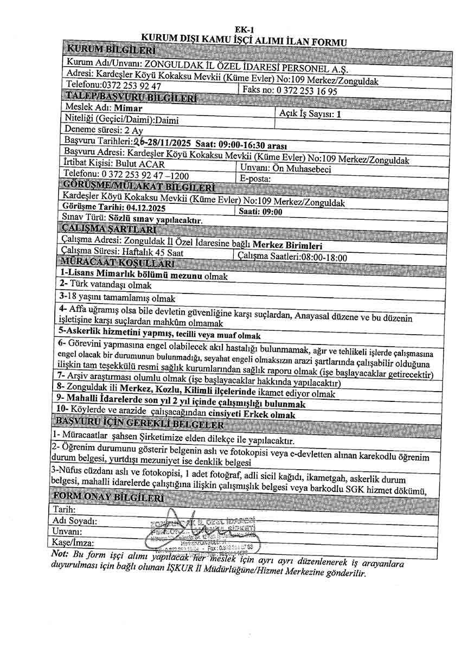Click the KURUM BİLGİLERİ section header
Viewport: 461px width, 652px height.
[x=111, y=51]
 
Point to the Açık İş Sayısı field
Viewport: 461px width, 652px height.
[x=310, y=114]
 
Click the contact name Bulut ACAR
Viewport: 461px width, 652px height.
[x=142, y=163]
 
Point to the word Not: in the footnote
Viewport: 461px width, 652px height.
[x=59, y=553]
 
